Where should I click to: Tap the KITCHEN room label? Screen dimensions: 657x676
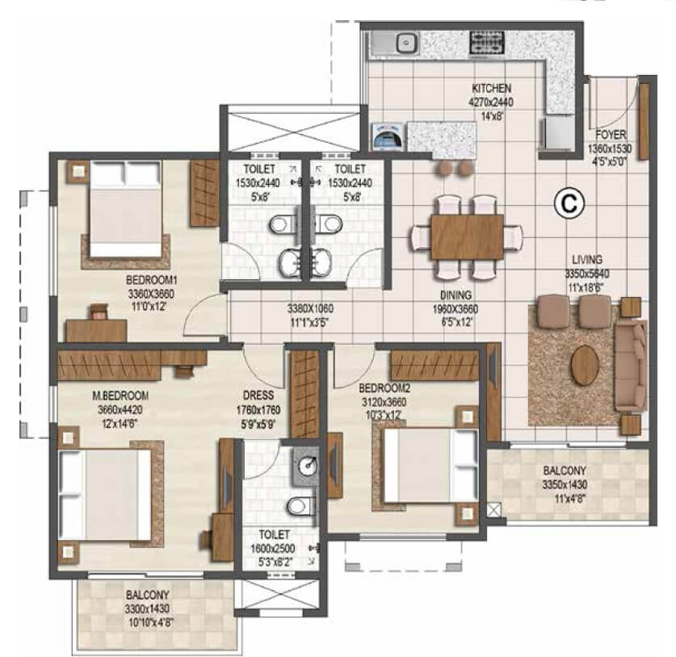(491, 89)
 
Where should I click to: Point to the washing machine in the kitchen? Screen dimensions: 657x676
(385, 137)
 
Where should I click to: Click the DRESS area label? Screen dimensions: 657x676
(257, 395)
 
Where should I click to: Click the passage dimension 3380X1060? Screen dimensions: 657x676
(310, 308)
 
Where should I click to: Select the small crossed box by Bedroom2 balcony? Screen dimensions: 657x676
(494, 509)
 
